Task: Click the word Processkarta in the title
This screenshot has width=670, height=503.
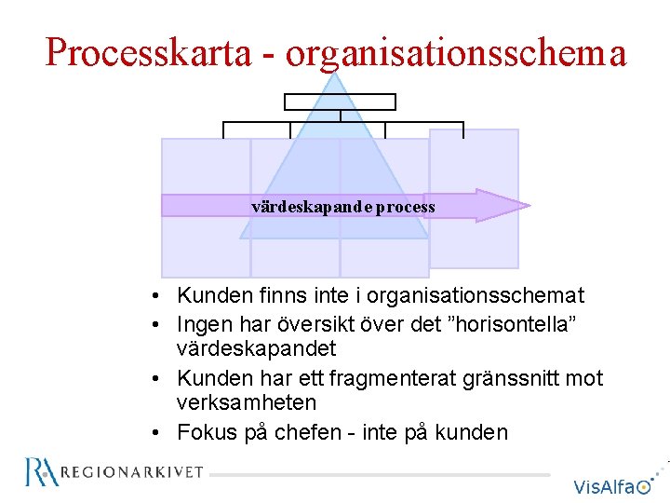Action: pyautogui.click(x=148, y=53)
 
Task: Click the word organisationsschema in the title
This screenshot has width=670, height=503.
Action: pyautogui.click(x=456, y=53)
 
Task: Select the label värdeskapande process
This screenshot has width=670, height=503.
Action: pyautogui.click(x=342, y=206)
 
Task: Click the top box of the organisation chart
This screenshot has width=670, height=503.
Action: pyautogui.click(x=340, y=102)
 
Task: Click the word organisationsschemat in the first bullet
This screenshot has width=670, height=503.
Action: pyautogui.click(x=476, y=296)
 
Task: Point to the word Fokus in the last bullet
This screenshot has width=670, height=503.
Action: pyautogui.click(x=207, y=432)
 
